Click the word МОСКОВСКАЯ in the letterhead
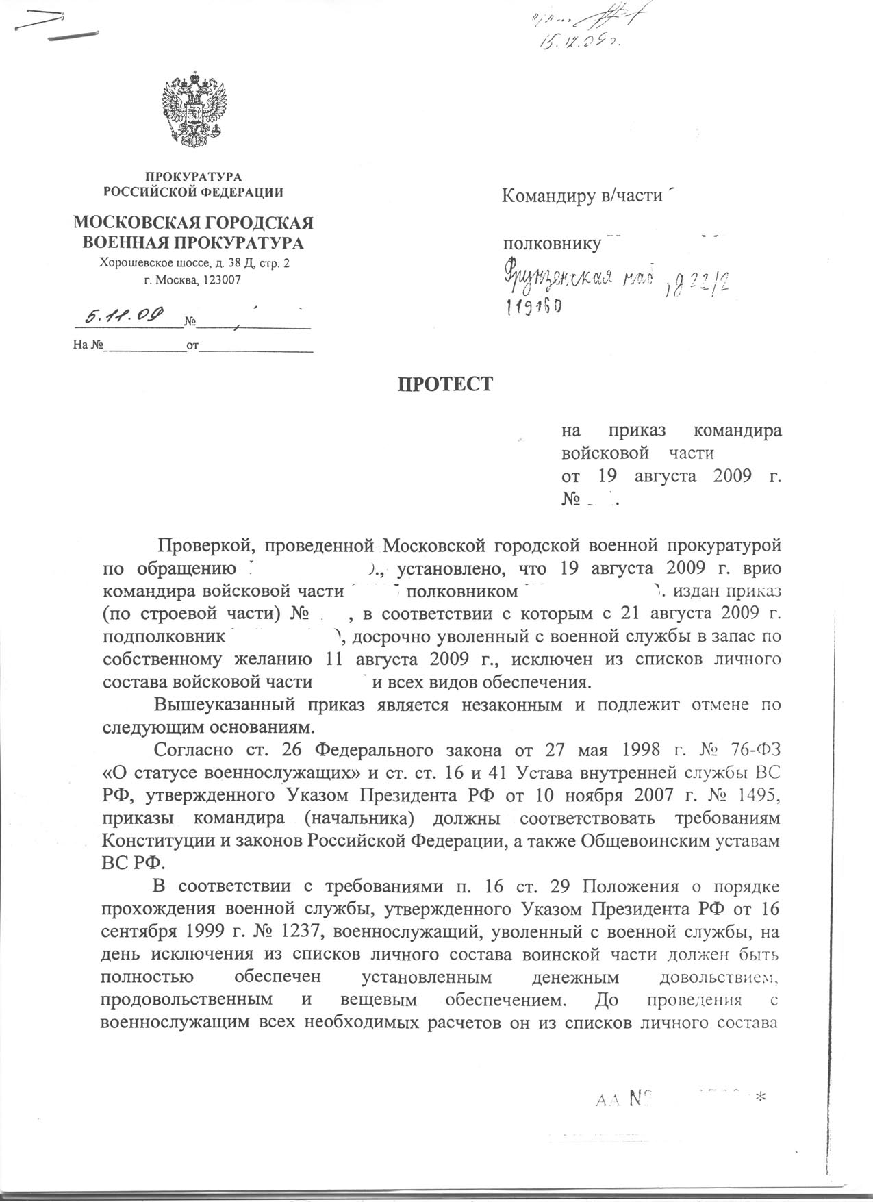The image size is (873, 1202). [x=134, y=223]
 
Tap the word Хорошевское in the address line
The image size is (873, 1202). [x=131, y=262]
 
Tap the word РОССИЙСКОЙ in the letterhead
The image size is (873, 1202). [x=143, y=192]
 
